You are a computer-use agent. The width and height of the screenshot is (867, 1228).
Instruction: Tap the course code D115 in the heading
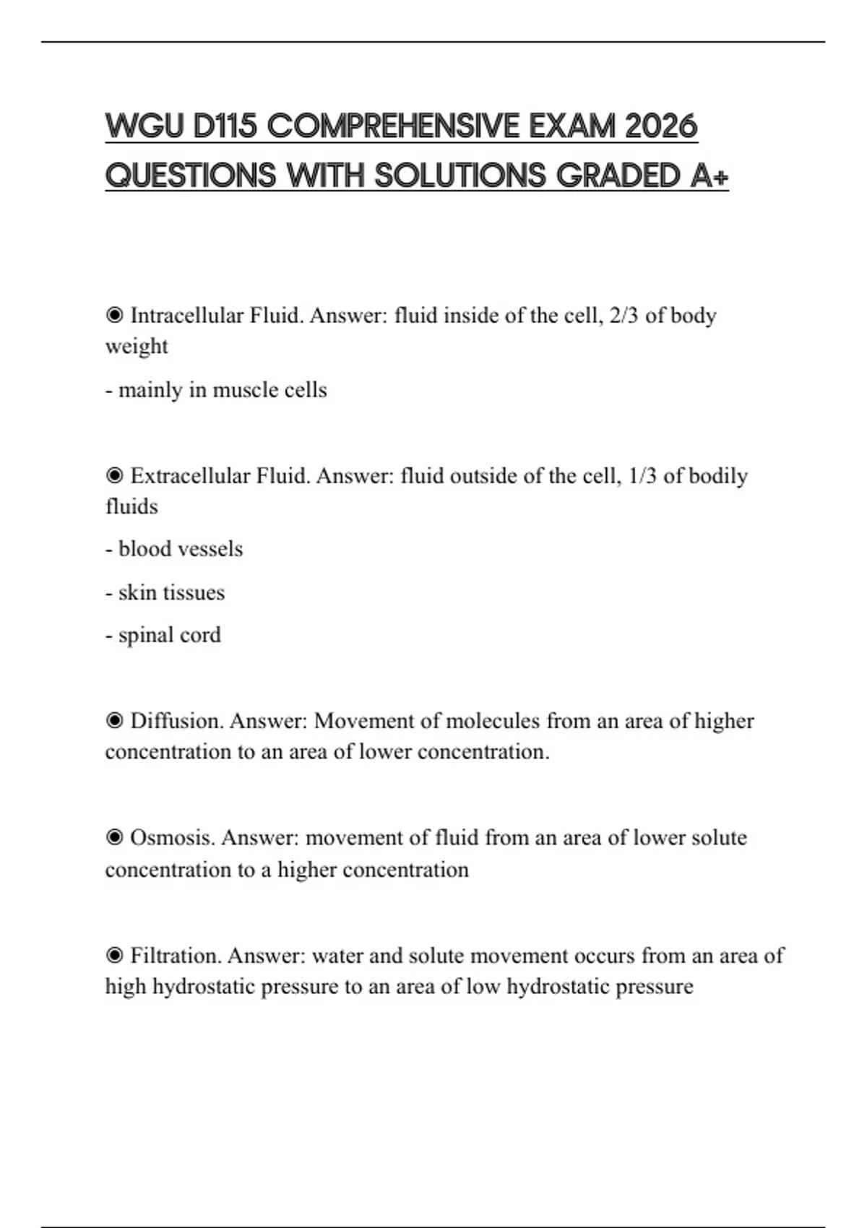coord(225,126)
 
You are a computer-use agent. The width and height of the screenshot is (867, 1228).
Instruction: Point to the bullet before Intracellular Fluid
coord(114,316)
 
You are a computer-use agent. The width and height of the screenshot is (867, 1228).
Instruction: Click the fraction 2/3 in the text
coord(624,316)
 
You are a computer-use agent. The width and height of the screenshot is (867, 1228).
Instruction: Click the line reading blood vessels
coord(174,549)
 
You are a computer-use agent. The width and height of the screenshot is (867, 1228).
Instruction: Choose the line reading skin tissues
coord(165,592)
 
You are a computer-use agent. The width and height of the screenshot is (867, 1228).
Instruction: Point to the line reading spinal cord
coord(163,635)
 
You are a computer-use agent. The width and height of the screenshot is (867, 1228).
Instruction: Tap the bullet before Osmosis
coord(114,838)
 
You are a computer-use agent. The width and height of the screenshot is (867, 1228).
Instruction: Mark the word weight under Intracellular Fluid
coord(137,347)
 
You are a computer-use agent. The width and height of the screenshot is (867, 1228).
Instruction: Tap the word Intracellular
coord(186,316)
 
